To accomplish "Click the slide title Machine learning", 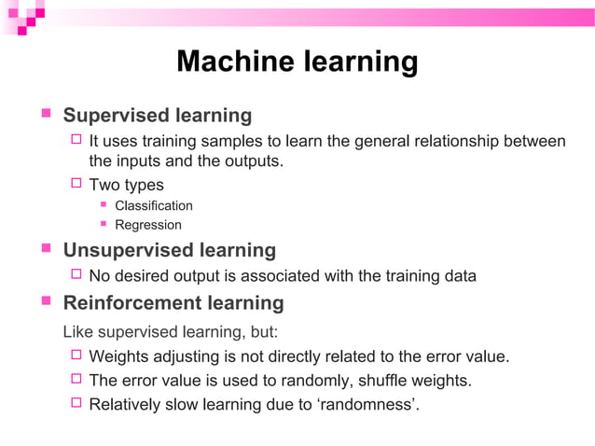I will (297, 62).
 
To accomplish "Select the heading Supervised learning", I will (157, 116).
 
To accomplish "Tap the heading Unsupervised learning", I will (169, 250).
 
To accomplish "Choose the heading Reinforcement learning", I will (173, 303).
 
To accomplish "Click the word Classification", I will (154, 205).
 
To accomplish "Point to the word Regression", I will (148, 225).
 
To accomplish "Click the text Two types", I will (126, 185).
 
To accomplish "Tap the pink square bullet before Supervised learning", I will (45, 114).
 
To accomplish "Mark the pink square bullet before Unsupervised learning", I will (45, 248).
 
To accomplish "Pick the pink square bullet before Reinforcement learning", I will (45, 301).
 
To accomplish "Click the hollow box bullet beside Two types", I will (77, 184).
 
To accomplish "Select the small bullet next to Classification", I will (104, 204).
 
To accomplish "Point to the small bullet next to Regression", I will (104, 224).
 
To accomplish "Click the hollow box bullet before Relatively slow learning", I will (77, 405).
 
